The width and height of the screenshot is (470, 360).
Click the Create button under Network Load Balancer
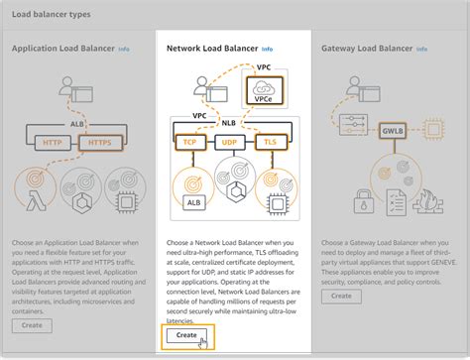point(186,335)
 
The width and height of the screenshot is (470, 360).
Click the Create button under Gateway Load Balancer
point(342,296)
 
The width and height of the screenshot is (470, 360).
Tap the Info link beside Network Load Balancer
point(267,48)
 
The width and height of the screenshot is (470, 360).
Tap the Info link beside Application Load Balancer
point(123,48)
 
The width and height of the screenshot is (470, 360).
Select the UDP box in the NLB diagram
point(230,142)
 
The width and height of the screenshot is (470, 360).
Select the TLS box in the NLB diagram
point(270,142)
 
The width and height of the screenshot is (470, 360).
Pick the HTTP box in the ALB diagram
point(52,143)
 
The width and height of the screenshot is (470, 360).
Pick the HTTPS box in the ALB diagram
point(98,143)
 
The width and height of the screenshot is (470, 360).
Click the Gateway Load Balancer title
point(366,48)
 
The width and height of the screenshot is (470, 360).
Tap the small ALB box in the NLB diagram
point(194,202)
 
